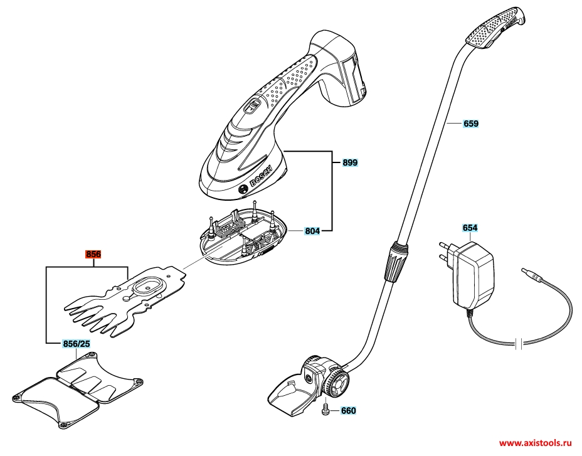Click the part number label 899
[350, 162]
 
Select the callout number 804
[312, 231]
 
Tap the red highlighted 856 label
[93, 255]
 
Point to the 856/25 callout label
[77, 344]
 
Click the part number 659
[470, 124]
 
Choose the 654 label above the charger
[470, 228]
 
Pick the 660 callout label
[348, 410]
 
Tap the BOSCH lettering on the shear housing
[262, 176]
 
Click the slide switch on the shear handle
[252, 107]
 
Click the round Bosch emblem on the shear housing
[243, 189]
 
